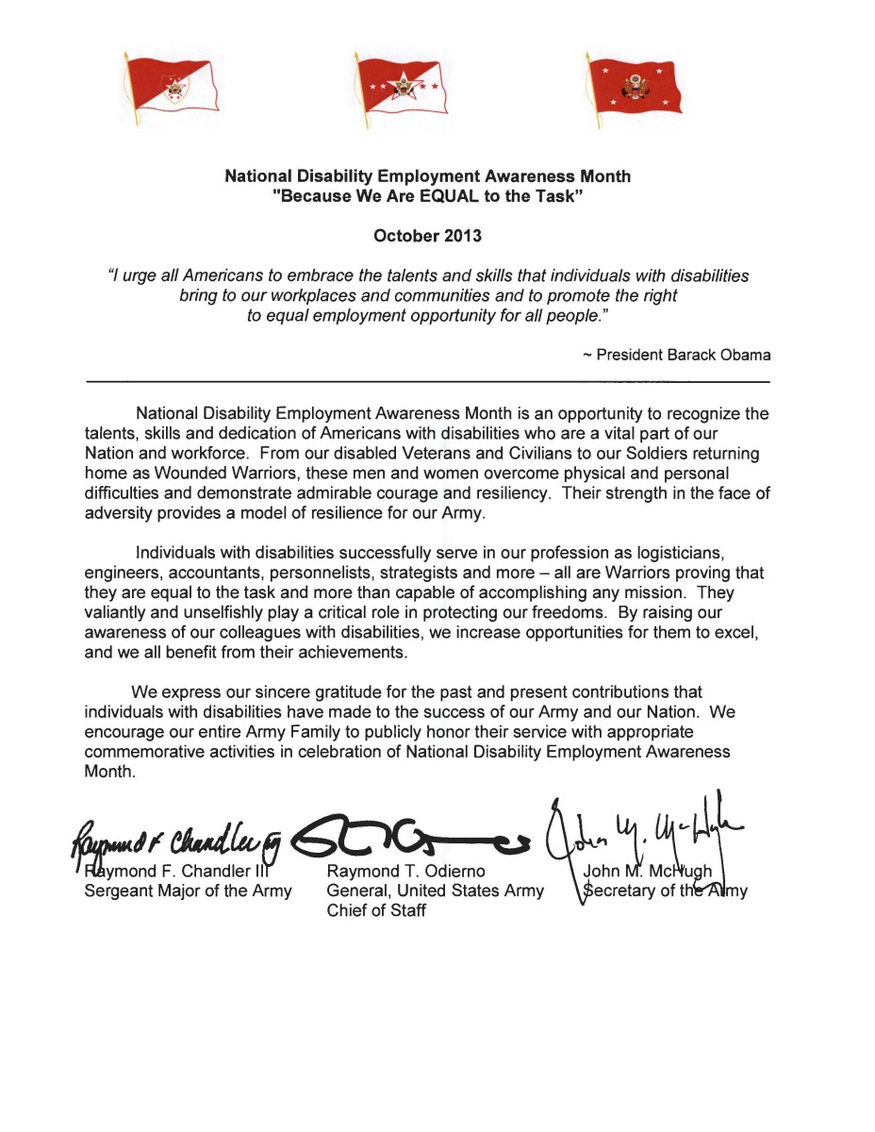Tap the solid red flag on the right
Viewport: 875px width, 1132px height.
[x=633, y=89]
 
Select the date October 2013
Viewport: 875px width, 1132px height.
[x=427, y=236]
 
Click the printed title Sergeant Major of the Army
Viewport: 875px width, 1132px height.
[x=188, y=890]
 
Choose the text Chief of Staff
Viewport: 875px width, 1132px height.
[x=376, y=911]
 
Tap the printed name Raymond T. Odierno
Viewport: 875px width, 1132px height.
[x=405, y=870]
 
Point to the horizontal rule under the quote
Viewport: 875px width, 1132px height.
[x=427, y=379]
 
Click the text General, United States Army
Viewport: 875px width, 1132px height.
[x=435, y=890]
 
